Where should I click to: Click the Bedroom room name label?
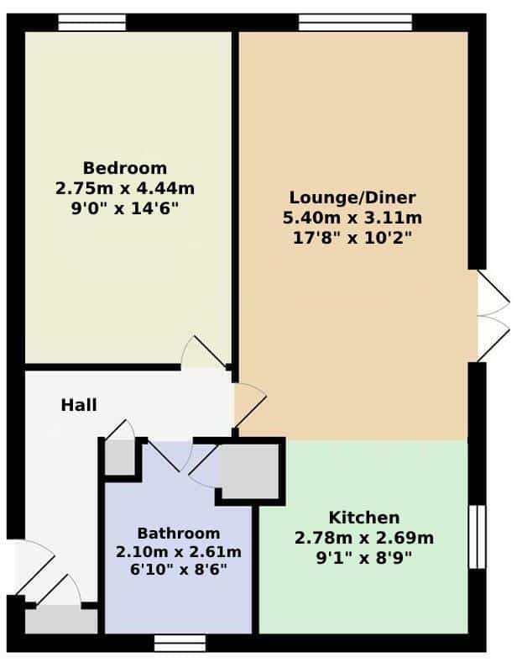[125, 168]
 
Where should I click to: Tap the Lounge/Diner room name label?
[352, 197]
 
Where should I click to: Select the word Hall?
[79, 405]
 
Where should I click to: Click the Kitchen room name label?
[364, 518]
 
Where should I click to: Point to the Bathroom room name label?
[179, 534]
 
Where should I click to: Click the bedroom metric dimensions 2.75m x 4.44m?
[125, 188]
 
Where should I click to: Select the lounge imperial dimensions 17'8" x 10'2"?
[352, 238]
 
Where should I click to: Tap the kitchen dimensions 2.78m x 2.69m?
[364, 538]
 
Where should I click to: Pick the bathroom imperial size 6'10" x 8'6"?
[179, 570]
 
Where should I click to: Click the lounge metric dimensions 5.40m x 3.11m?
[352, 218]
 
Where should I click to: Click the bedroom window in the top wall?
[92, 23]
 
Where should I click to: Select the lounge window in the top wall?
[355, 23]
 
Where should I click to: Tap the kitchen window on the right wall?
[477, 537]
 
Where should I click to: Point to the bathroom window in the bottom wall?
[180, 643]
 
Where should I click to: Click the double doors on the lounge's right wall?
[493, 316]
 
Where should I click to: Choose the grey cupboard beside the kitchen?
[250, 471]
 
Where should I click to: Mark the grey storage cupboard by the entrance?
[61, 621]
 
